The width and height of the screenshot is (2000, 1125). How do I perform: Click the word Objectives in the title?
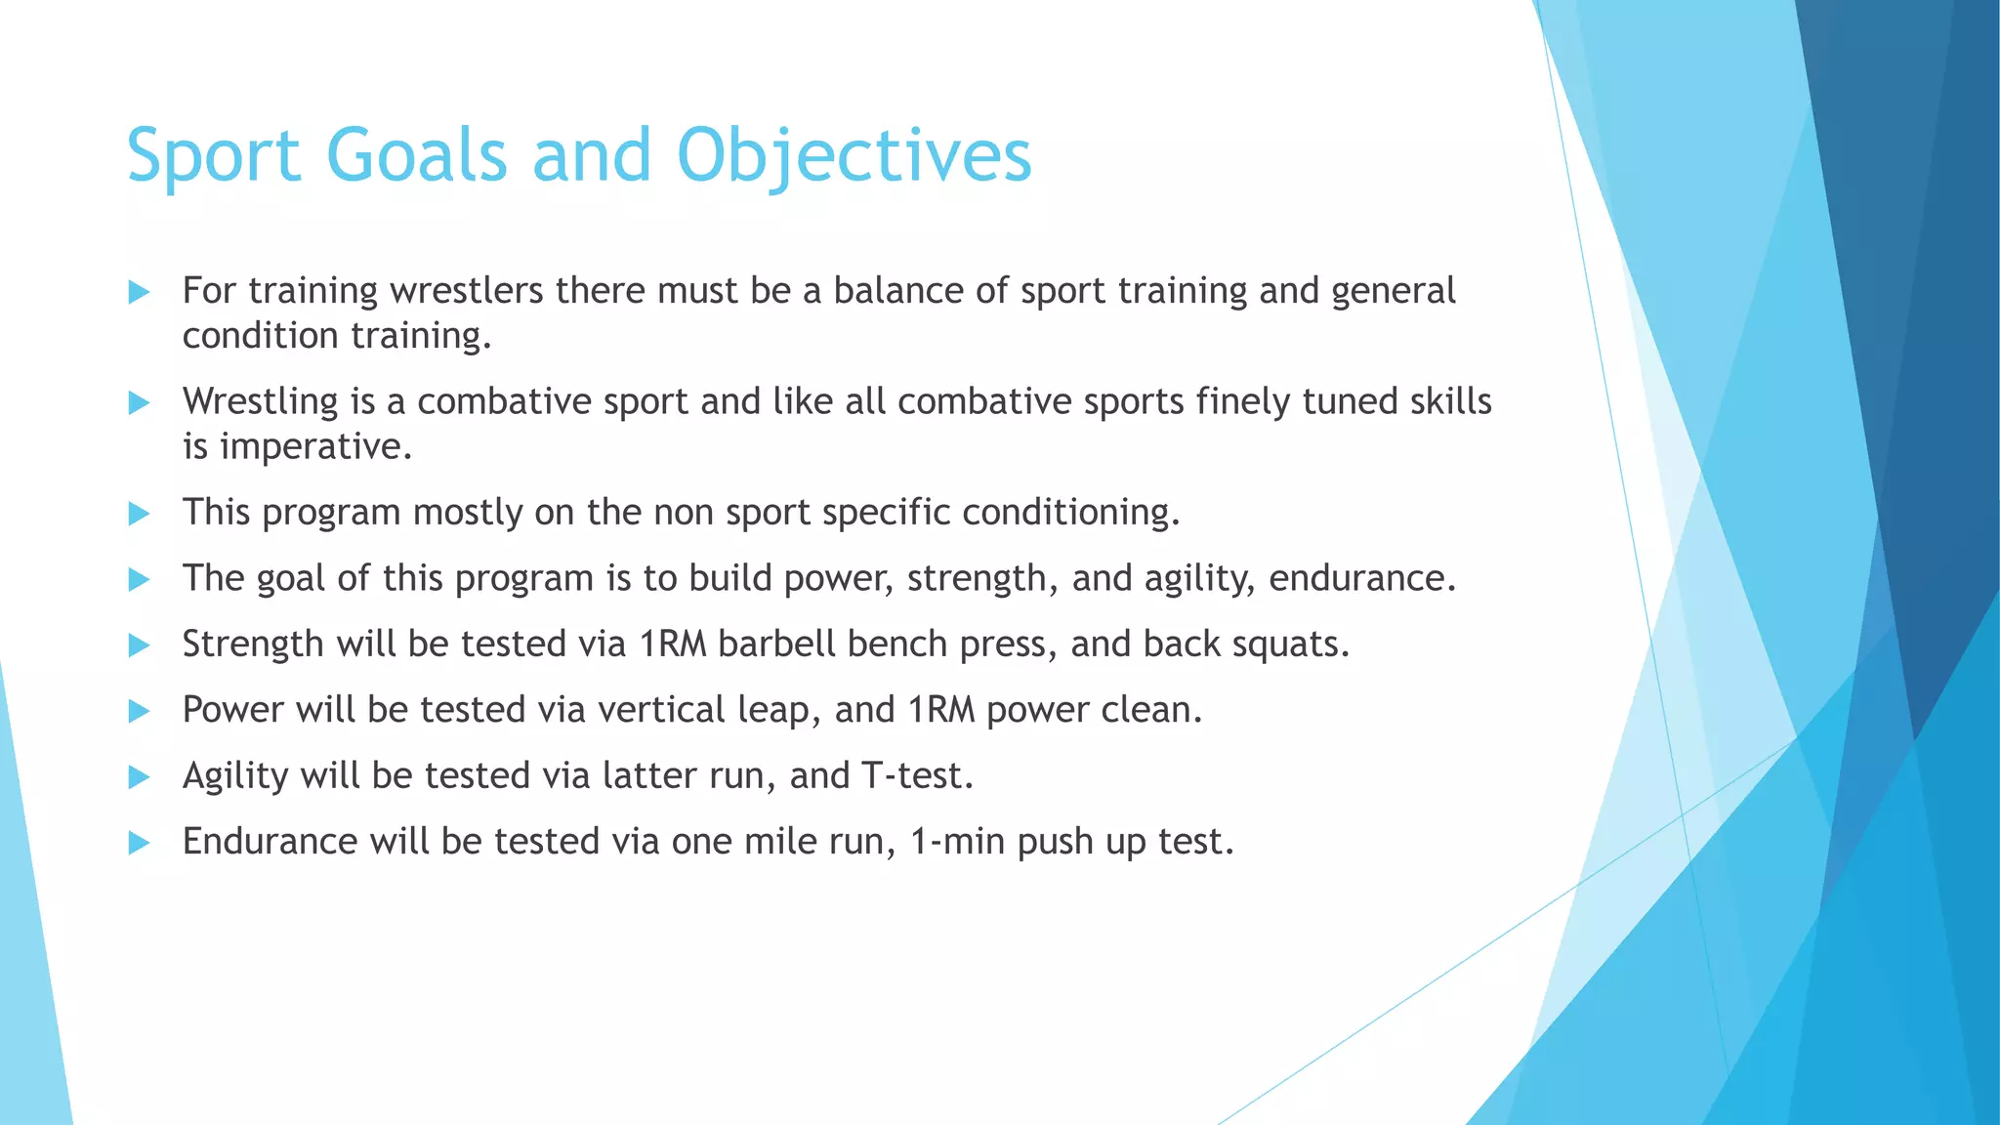854,155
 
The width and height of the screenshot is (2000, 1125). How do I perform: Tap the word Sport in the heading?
214,155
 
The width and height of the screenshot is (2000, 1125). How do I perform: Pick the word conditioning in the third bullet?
1070,513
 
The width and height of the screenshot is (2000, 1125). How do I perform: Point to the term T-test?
917,776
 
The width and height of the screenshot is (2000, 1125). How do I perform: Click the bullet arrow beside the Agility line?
139,777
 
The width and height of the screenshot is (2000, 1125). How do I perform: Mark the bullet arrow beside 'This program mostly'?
139,514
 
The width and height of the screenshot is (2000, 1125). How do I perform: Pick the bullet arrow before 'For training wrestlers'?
139,292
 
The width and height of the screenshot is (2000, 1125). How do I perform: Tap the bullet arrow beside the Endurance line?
139,843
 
